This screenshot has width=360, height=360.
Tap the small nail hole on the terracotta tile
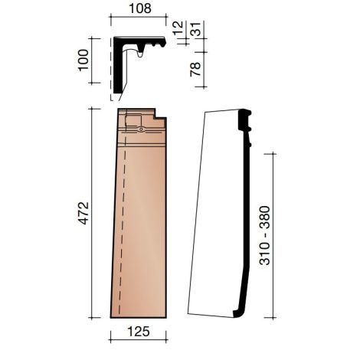pyautogui.click(x=141, y=129)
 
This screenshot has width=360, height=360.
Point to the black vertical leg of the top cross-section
pyautogui.click(x=116, y=69)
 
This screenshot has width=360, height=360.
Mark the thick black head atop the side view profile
pyautogui.click(x=246, y=118)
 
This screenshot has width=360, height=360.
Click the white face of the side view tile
pyautogui.click(x=214, y=222)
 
